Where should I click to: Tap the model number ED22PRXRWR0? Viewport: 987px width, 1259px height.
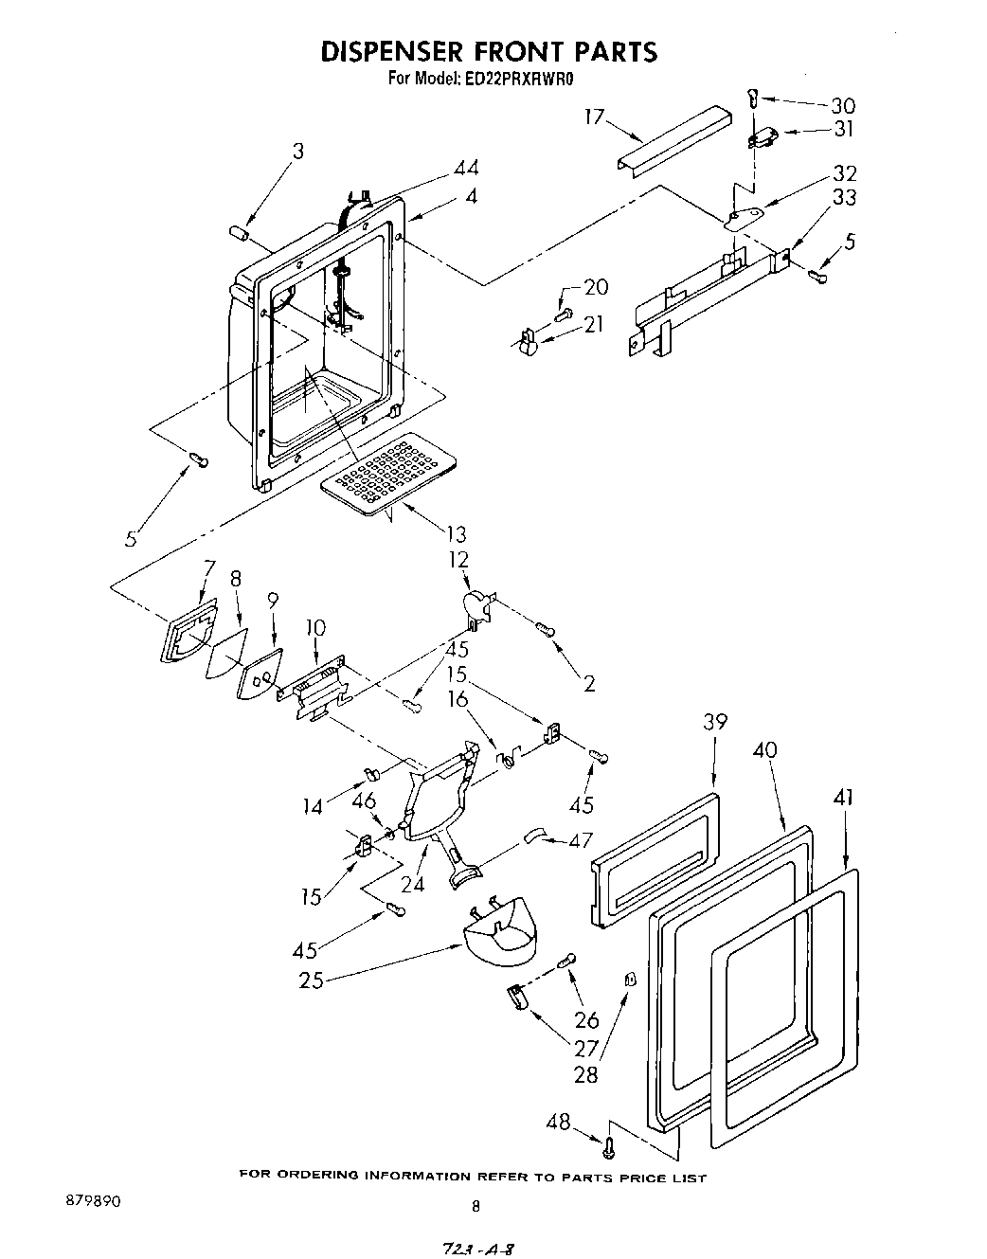(520, 80)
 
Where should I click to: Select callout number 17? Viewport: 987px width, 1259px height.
(594, 117)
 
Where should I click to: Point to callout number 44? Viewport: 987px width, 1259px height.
(465, 169)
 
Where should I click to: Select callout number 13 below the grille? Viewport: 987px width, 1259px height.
(457, 535)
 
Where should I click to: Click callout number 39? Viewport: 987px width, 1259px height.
(715, 722)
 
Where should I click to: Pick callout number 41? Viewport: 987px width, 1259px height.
(843, 799)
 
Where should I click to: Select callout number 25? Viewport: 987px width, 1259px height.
(311, 980)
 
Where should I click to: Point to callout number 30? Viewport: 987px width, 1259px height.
(842, 106)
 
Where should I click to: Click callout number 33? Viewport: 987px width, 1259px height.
(844, 197)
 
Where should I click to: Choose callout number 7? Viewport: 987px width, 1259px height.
(208, 567)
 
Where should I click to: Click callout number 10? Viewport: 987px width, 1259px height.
(315, 627)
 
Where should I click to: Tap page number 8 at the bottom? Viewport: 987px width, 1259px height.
(476, 1206)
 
